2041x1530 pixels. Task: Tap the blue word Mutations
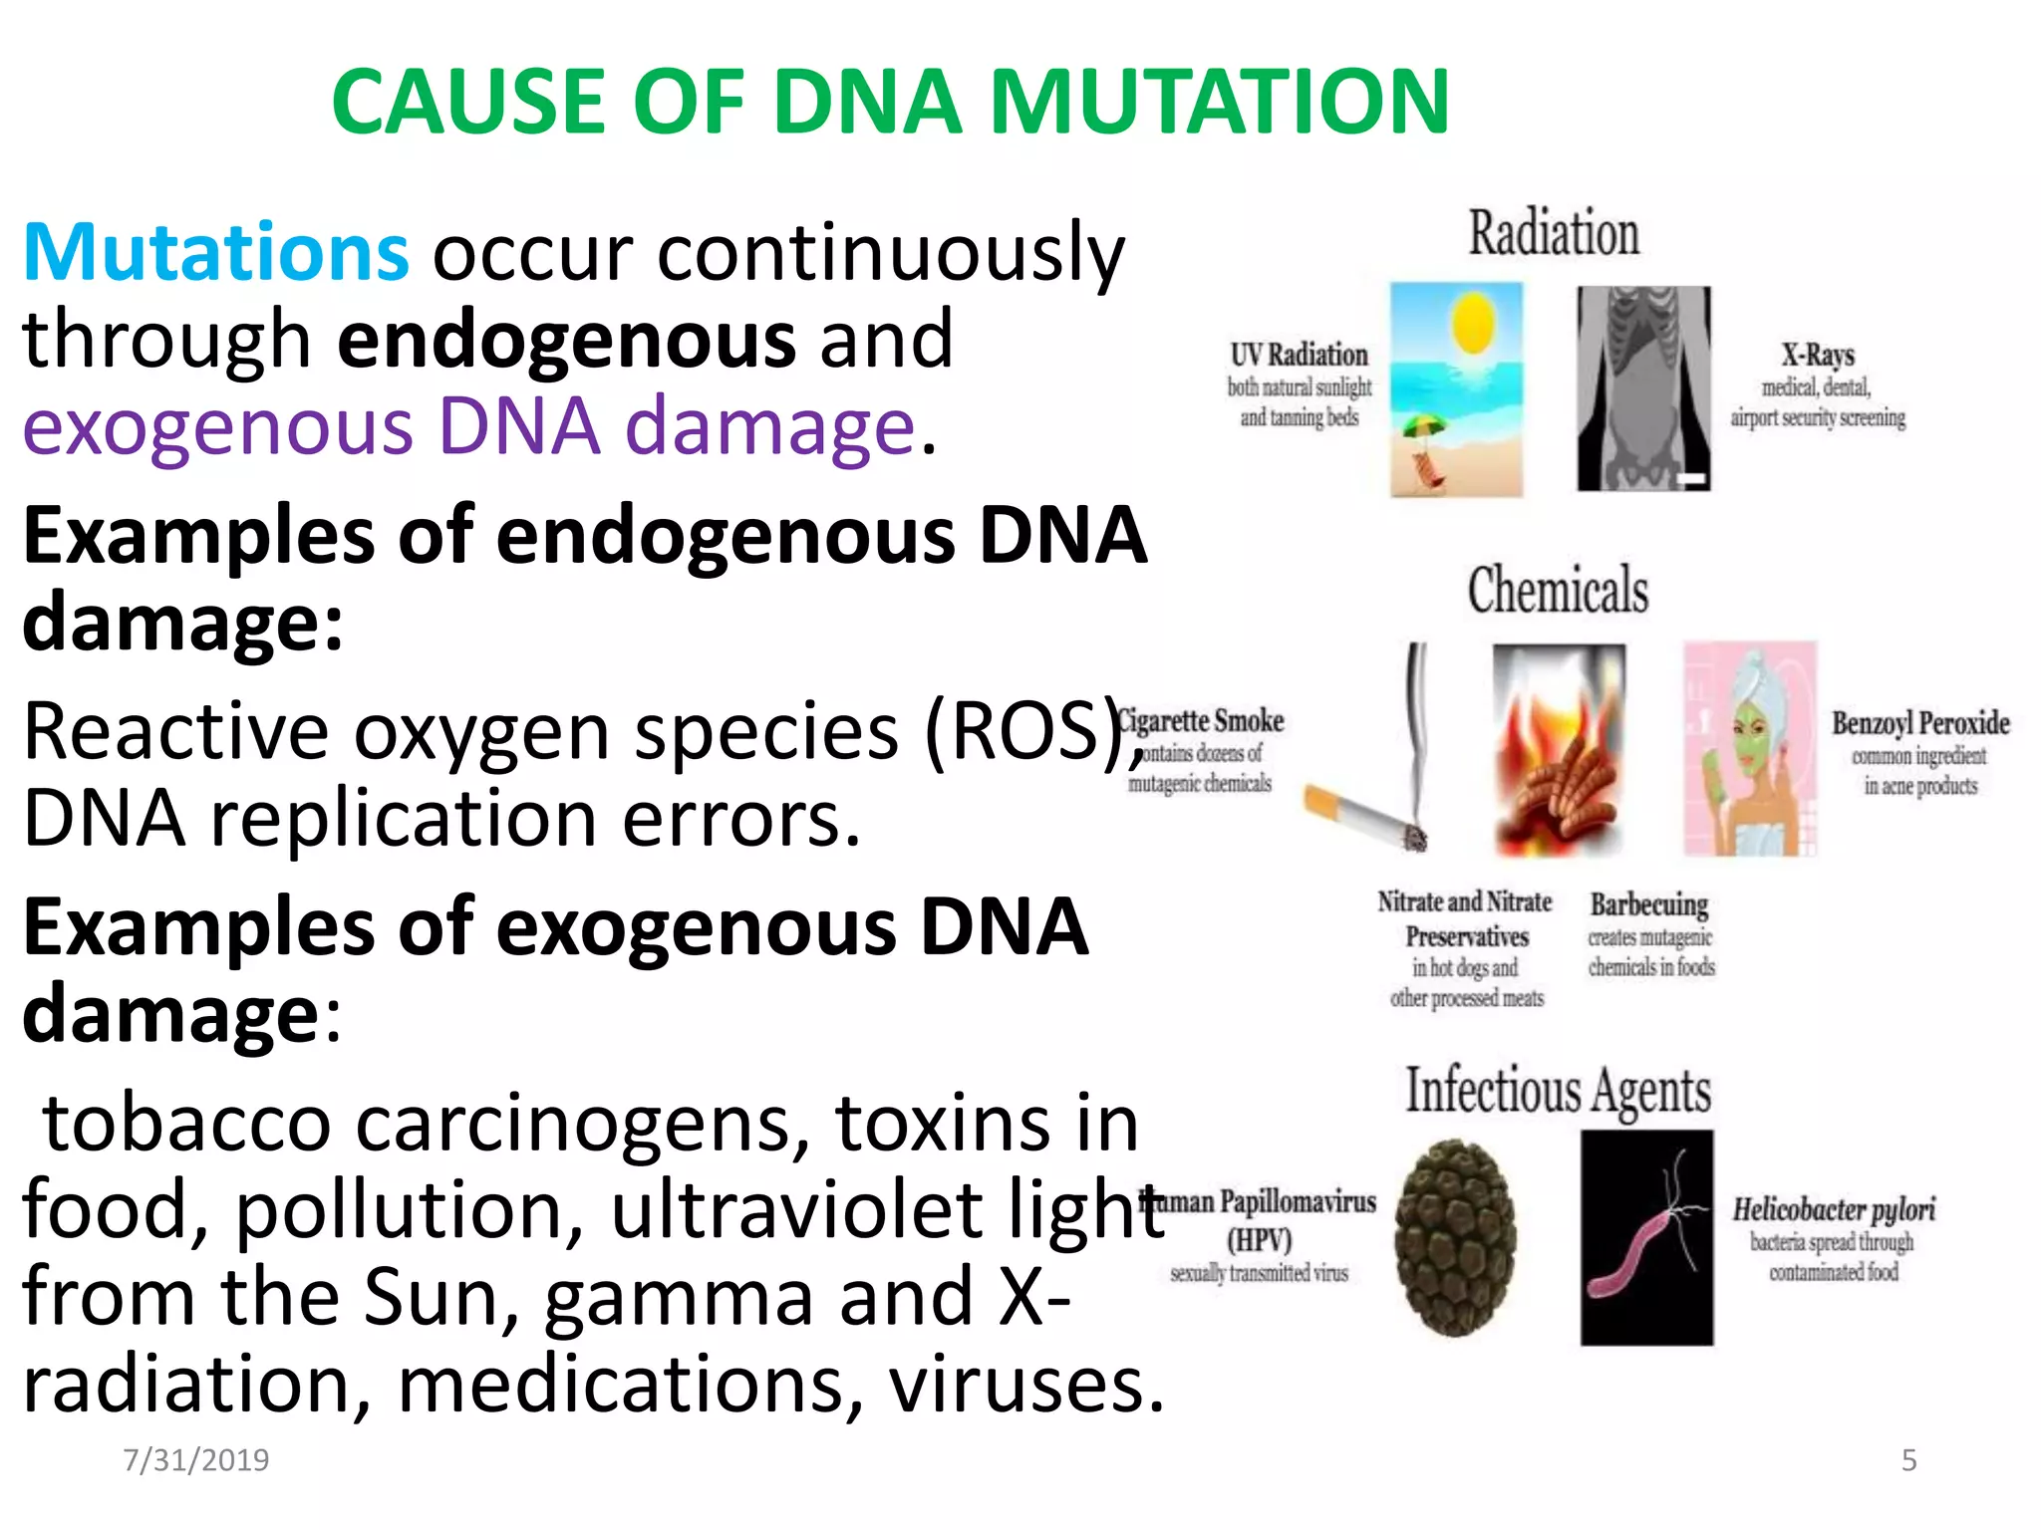click(x=215, y=252)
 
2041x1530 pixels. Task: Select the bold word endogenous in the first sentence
click(x=566, y=340)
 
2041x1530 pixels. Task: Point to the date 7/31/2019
click(x=195, y=1460)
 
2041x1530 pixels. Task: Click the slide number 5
click(x=1908, y=1460)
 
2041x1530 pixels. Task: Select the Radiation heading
click(x=1554, y=234)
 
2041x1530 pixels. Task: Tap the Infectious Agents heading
click(x=1558, y=1090)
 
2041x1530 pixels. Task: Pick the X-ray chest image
click(x=1643, y=388)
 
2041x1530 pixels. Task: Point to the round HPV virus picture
click(x=1456, y=1237)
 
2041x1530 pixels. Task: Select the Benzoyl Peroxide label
click(x=1920, y=723)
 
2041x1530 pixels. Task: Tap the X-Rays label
click(x=1818, y=356)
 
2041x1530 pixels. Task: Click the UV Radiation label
click(x=1299, y=356)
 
